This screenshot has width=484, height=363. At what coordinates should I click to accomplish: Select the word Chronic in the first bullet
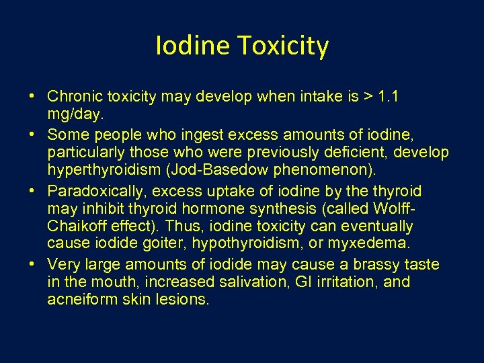point(74,97)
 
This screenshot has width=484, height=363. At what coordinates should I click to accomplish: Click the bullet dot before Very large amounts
point(33,265)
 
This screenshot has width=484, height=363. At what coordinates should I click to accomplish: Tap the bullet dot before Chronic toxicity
point(33,97)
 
